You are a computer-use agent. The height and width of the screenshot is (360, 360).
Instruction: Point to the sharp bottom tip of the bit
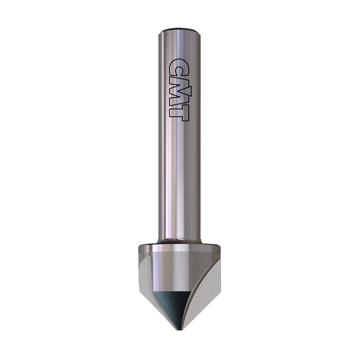pos(180,330)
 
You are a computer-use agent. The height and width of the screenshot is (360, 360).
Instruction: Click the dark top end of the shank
pos(180,30)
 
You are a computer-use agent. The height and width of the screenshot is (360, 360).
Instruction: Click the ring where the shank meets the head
pos(180,241)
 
